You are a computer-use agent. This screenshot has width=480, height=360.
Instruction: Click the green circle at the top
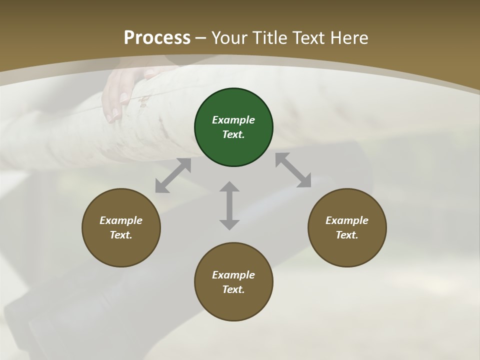coord(233,127)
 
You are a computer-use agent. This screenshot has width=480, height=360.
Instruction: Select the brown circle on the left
coord(121,227)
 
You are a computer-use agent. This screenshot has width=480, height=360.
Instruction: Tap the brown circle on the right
coord(347,227)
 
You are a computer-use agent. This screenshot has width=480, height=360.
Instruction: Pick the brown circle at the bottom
coord(233,282)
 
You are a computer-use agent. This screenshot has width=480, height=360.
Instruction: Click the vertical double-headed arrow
coord(229,205)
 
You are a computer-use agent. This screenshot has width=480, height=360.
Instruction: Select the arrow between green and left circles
coord(173,175)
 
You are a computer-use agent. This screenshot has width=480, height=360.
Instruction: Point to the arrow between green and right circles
coord(293,170)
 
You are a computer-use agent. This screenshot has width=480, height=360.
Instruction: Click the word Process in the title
coord(157,37)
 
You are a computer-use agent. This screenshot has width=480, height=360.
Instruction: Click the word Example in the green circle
coord(233,120)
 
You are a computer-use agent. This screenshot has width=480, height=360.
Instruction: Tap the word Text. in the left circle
coord(121,235)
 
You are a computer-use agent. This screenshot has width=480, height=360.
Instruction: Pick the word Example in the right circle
coord(347,220)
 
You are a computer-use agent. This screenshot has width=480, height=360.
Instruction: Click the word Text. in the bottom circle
coord(233,289)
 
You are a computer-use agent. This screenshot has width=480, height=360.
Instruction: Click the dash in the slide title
coord(201,38)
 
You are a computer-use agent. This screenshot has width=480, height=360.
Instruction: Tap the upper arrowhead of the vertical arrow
coord(229,188)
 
